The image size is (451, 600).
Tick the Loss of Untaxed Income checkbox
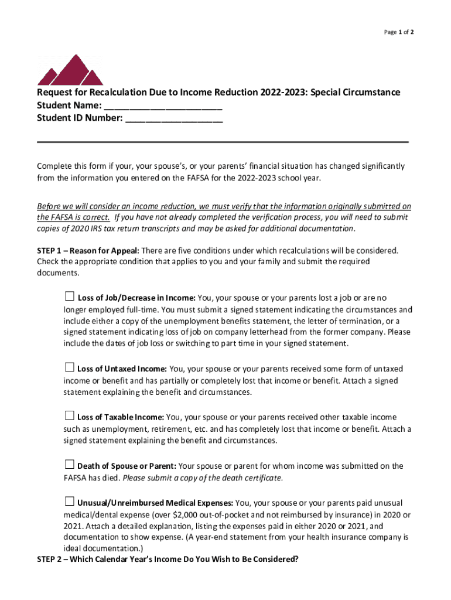69,368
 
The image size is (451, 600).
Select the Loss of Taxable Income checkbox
69,416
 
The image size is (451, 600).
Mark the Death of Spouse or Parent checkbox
69,465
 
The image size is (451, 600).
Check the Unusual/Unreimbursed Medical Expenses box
69,502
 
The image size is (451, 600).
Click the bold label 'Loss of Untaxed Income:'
122,369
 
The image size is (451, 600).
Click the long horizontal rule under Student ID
223,142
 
